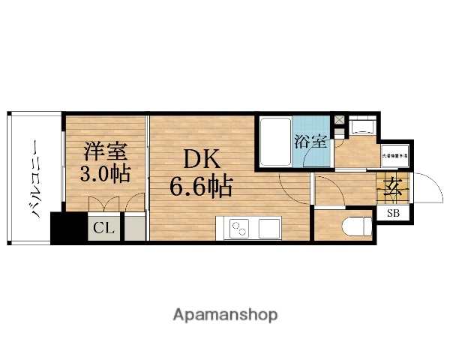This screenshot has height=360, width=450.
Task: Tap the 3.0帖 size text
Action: tap(104, 174)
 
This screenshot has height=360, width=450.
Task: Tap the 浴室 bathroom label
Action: tap(310, 139)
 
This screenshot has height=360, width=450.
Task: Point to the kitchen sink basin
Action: tap(267, 226)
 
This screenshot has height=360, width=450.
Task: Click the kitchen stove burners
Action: tap(239, 226)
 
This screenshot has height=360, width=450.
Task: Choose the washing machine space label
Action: tap(393, 155)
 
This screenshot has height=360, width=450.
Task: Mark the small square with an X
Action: tap(340, 119)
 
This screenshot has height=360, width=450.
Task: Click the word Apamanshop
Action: tap(224, 314)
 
